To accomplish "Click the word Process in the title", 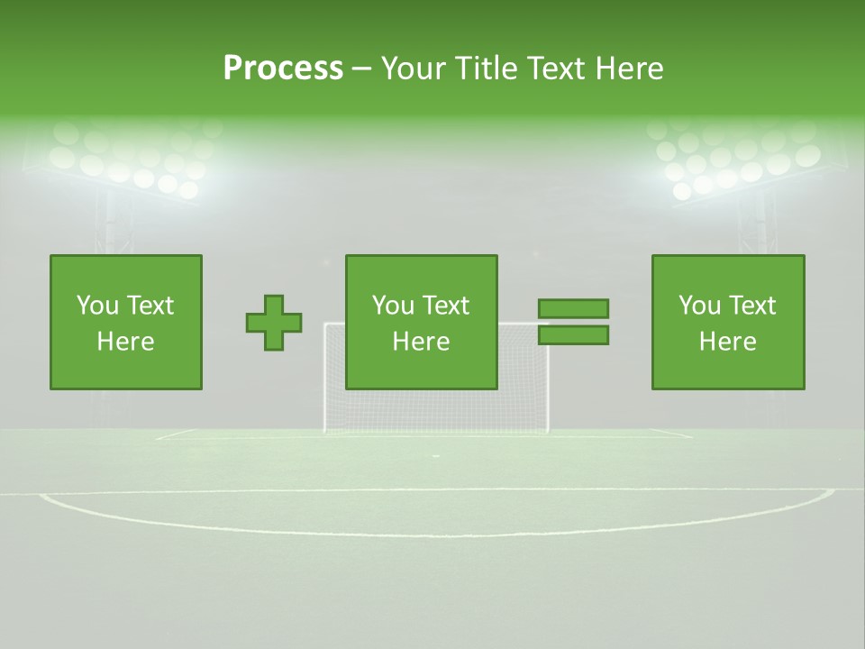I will click(x=283, y=69).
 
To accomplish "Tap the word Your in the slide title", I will click(x=414, y=69).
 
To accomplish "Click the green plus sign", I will click(x=274, y=323).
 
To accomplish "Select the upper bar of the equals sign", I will click(x=573, y=308).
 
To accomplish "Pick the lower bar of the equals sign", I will click(x=573, y=335).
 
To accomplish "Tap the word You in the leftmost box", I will click(x=96, y=306).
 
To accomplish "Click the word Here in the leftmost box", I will click(x=125, y=342).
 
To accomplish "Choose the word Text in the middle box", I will click(x=445, y=306).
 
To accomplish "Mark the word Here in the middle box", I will click(x=421, y=342).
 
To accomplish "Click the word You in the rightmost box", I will click(x=699, y=306).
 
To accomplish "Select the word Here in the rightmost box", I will click(x=727, y=342).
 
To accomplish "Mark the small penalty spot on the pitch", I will click(x=436, y=457).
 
